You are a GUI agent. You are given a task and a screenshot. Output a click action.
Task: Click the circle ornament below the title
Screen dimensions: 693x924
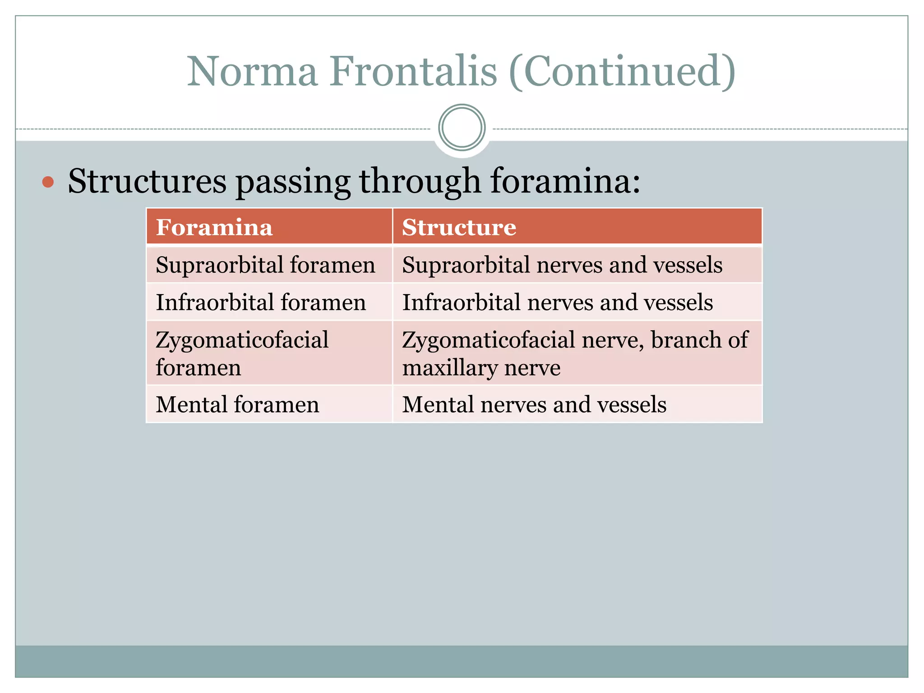(462, 128)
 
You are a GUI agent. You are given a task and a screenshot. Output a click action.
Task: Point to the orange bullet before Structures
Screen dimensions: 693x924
(48, 182)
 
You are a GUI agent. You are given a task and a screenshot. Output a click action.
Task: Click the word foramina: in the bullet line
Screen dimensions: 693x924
(565, 181)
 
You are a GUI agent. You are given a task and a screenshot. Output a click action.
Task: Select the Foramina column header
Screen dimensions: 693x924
(214, 227)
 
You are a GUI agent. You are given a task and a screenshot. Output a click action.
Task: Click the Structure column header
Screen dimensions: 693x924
(459, 227)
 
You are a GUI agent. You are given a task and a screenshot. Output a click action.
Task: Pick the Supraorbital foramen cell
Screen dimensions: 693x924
(265, 265)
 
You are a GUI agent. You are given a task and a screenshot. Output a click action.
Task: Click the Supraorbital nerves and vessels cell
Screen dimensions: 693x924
(562, 265)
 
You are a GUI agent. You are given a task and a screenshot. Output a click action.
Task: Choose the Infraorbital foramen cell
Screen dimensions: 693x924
(261, 302)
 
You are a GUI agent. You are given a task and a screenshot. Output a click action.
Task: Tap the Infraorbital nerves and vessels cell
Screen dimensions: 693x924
(557, 302)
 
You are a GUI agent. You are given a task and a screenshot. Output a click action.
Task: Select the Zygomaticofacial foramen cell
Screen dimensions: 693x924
(242, 353)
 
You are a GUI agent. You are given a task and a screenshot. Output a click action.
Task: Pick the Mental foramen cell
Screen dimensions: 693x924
(237, 404)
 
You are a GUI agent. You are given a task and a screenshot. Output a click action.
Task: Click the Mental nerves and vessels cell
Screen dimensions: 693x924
(534, 404)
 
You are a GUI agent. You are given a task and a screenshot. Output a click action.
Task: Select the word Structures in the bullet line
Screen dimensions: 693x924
(147, 181)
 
